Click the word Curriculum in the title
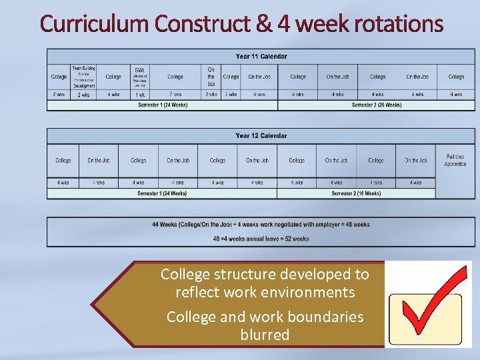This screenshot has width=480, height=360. [94, 24]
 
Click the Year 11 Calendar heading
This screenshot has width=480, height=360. [261, 55]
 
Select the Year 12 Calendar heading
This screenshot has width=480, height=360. [261, 135]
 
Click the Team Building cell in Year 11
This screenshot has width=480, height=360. [84, 77]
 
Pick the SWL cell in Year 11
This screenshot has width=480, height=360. [140, 77]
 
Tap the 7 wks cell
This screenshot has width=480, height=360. [175, 95]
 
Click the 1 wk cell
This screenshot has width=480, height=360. [140, 95]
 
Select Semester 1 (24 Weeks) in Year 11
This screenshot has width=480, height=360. [163, 105]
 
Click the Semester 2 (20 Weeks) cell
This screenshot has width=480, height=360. [377, 105]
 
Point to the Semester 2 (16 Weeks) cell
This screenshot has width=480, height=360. [356, 193]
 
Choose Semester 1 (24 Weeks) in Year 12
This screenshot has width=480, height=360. [162, 193]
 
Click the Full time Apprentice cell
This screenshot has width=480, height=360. [455, 160]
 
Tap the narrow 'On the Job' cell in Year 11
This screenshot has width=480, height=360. [211, 77]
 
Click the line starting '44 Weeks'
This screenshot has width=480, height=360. [261, 225]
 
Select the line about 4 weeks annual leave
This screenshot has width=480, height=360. [261, 239]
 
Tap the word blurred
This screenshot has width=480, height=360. [265, 335]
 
